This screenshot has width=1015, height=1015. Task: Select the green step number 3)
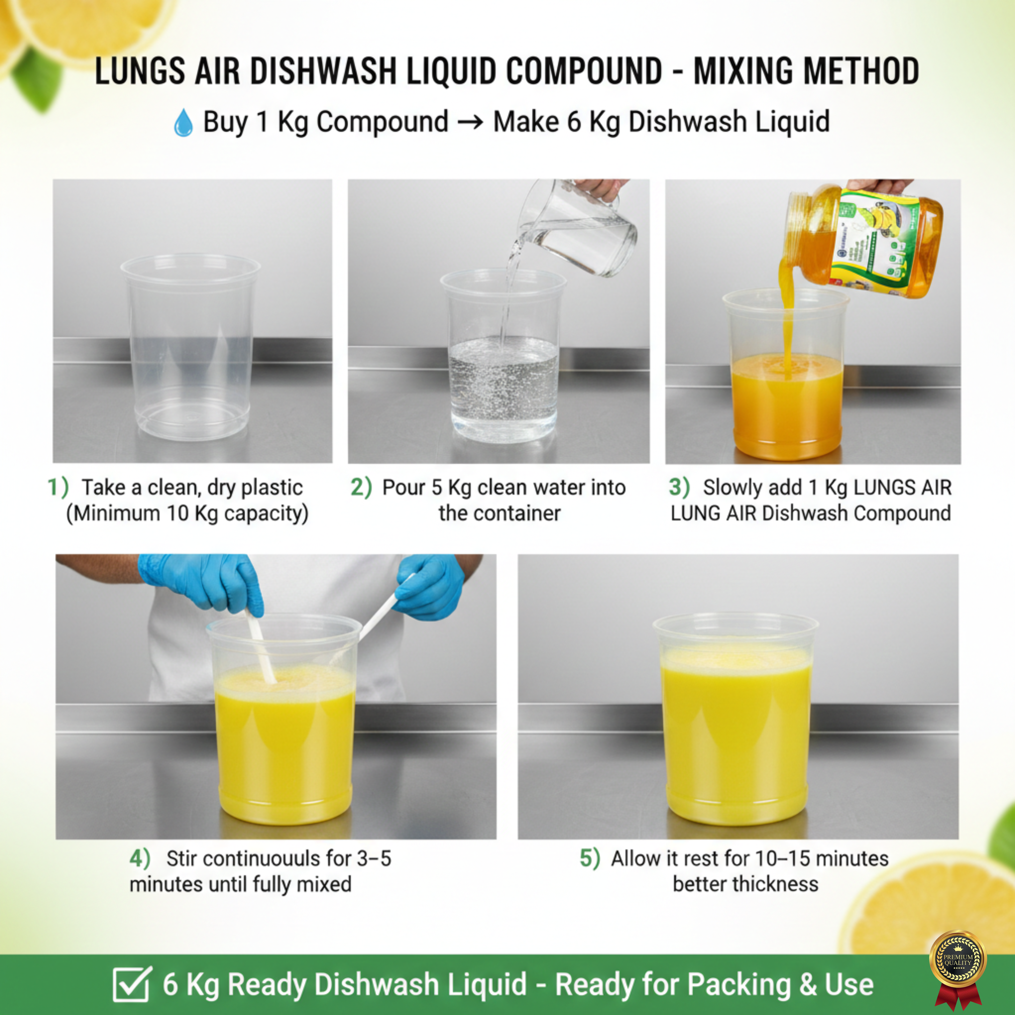[679, 487]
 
